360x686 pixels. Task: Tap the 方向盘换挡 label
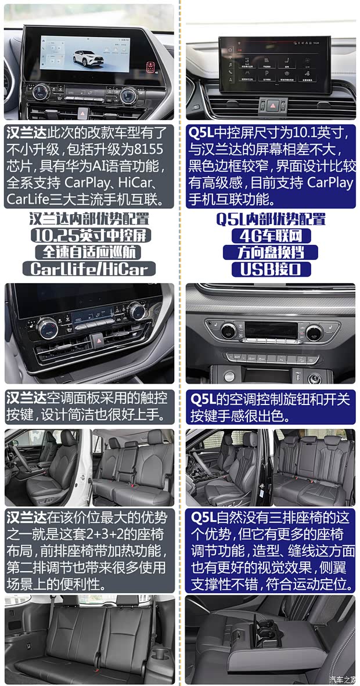pyautogui.click(x=271, y=252)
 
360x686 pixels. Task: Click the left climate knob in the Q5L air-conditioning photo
pyautogui.click(x=228, y=331)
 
